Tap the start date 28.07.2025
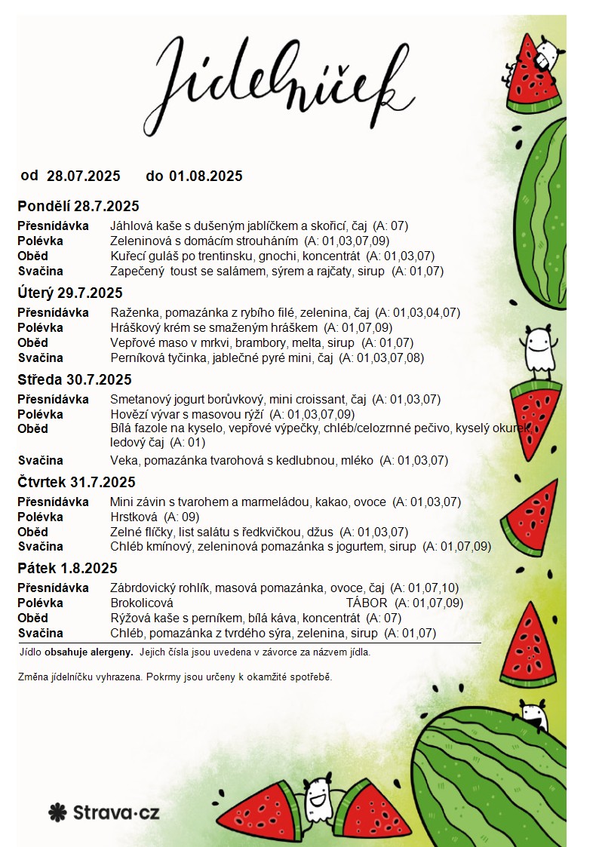(x=84, y=176)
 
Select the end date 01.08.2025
(x=206, y=176)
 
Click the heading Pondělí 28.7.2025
(x=78, y=207)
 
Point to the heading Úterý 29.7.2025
(x=70, y=293)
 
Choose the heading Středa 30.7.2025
(x=75, y=380)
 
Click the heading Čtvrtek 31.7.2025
(x=76, y=483)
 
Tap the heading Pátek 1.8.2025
(x=68, y=569)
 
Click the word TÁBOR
(x=367, y=603)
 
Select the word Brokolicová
(x=142, y=603)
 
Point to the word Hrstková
(x=134, y=517)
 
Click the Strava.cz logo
(x=104, y=812)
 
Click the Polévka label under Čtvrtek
(x=41, y=517)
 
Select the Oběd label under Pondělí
(x=33, y=256)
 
